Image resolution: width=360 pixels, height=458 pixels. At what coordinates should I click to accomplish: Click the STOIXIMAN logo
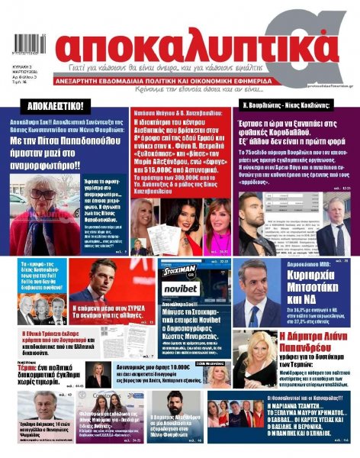click(180, 269)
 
